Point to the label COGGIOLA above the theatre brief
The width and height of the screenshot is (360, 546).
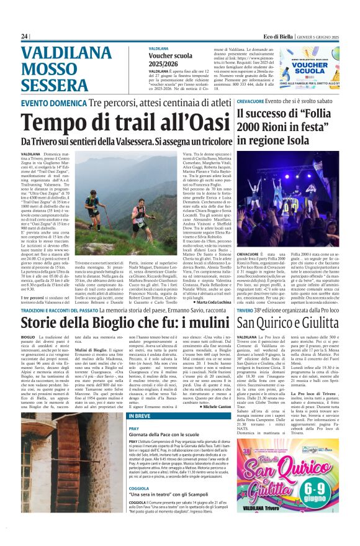tap(139, 488)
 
